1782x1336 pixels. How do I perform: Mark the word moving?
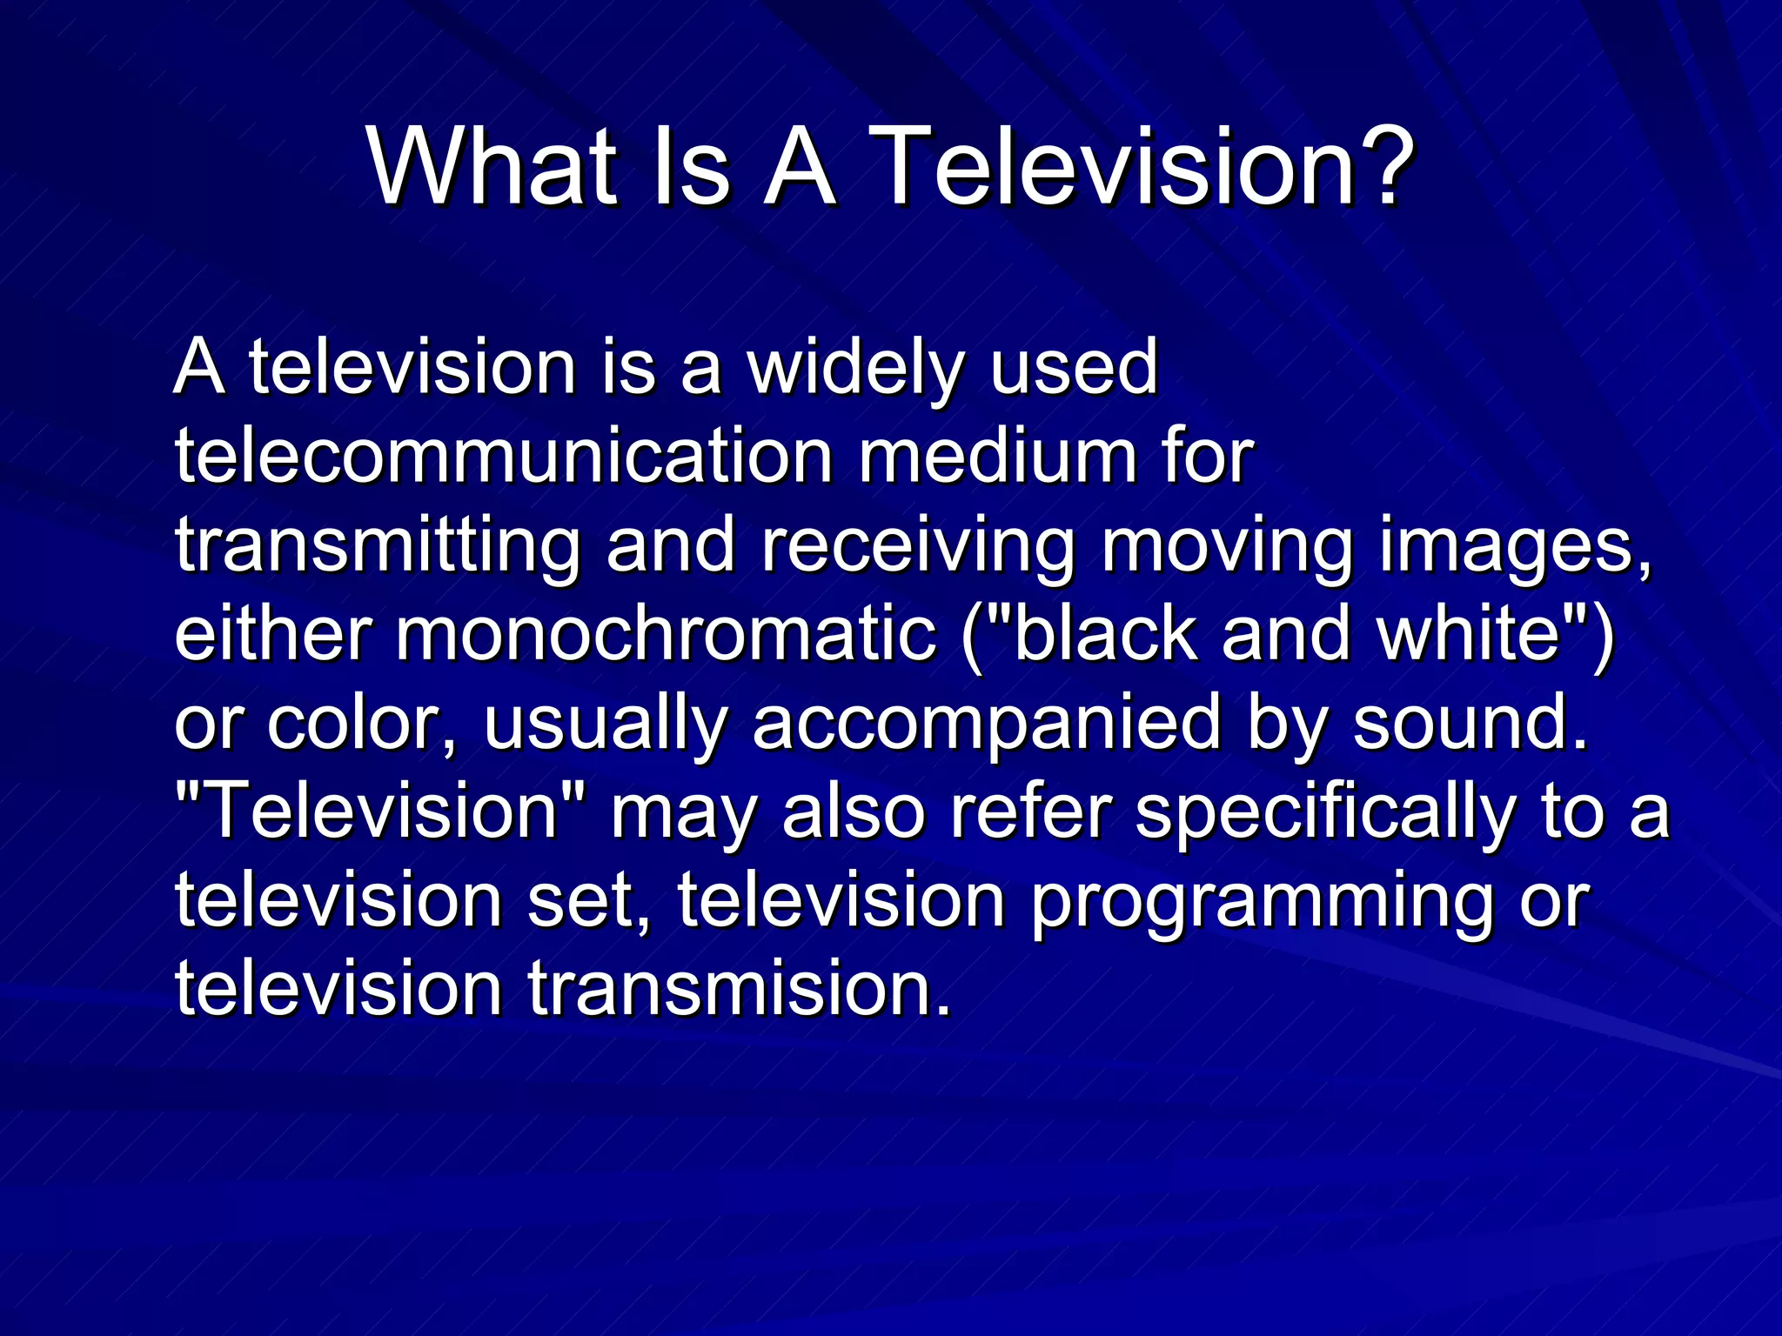tap(1228, 547)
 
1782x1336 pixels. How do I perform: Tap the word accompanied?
tap(987, 726)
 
